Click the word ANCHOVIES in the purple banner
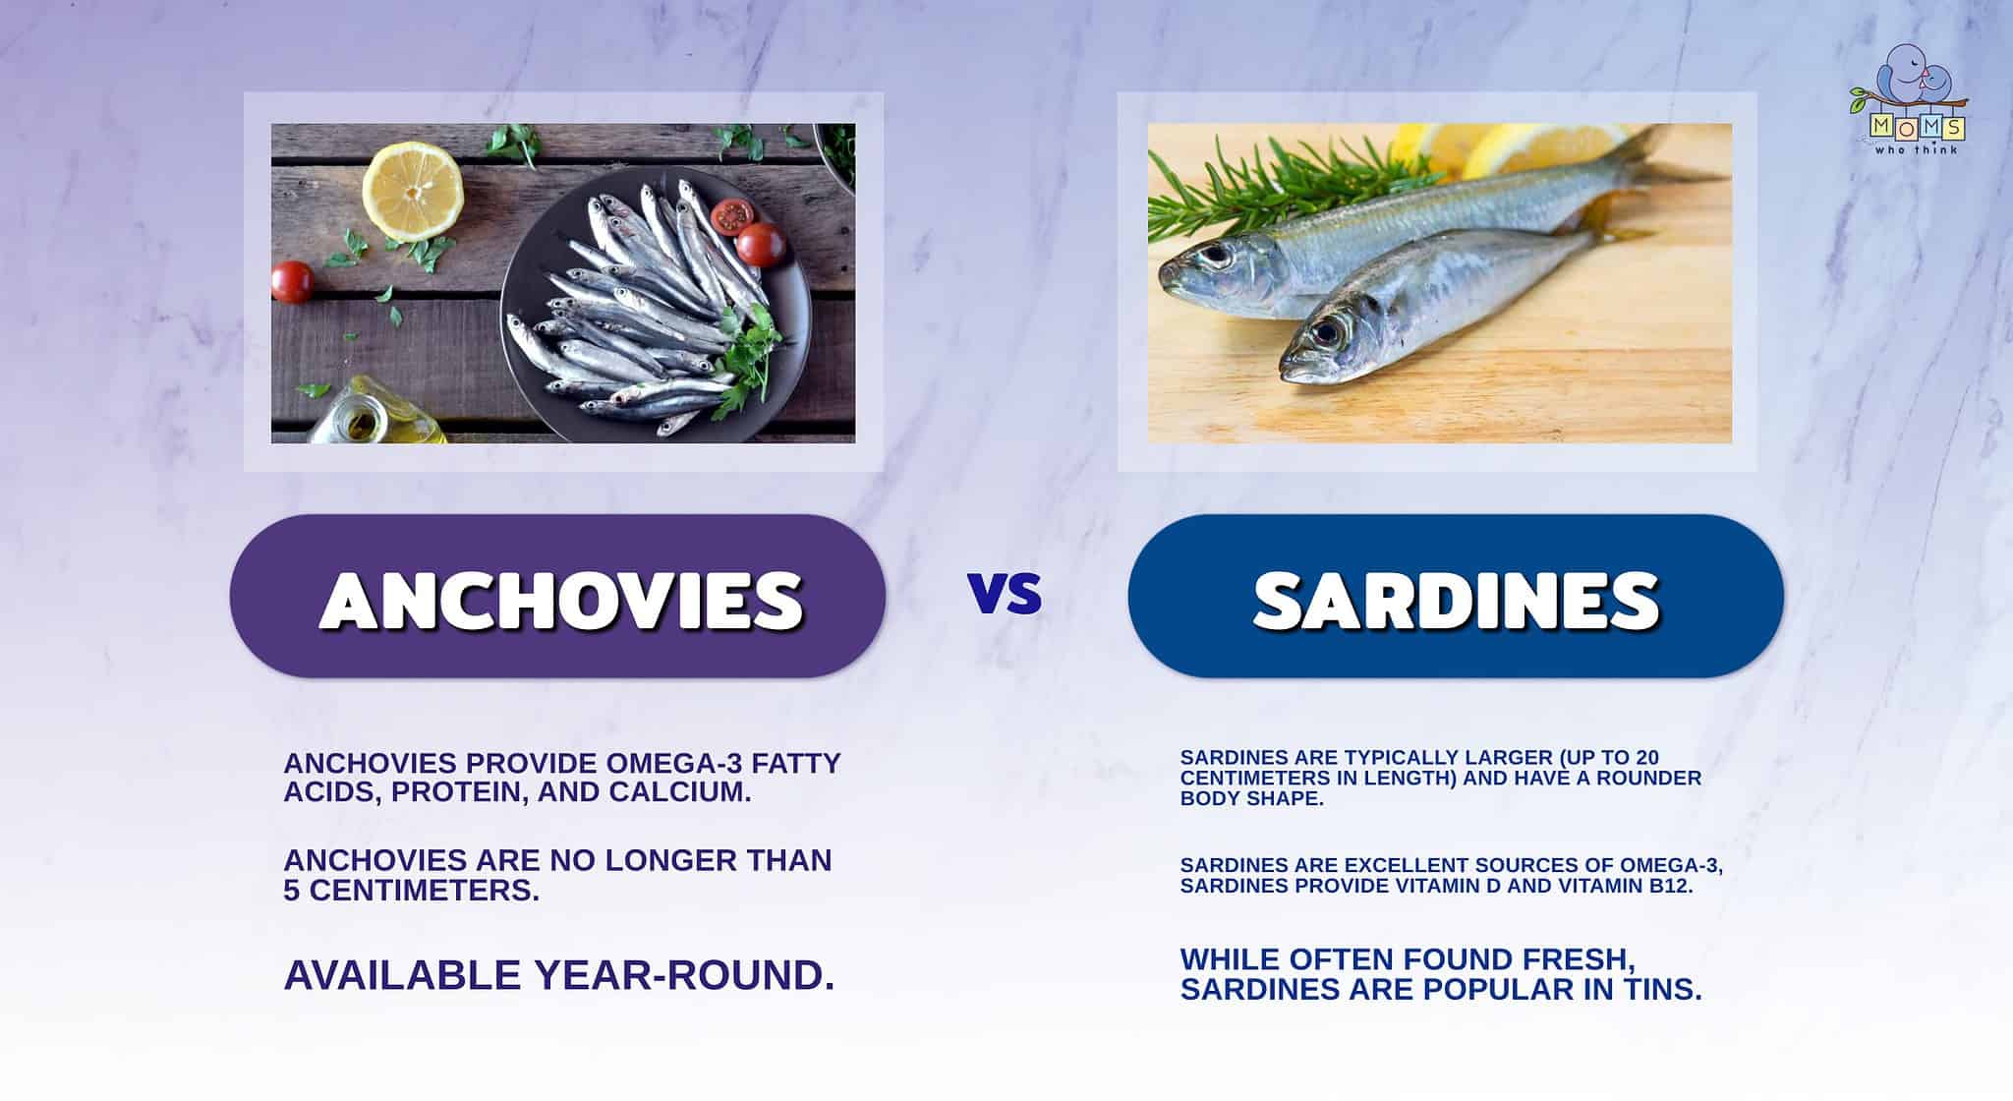pyautogui.click(x=560, y=599)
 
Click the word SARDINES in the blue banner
pyautogui.click(x=1457, y=599)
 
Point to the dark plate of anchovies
pyautogui.click(x=649, y=305)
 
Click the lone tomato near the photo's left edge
pyautogui.click(x=292, y=281)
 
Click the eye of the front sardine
pyautogui.click(x=1327, y=331)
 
